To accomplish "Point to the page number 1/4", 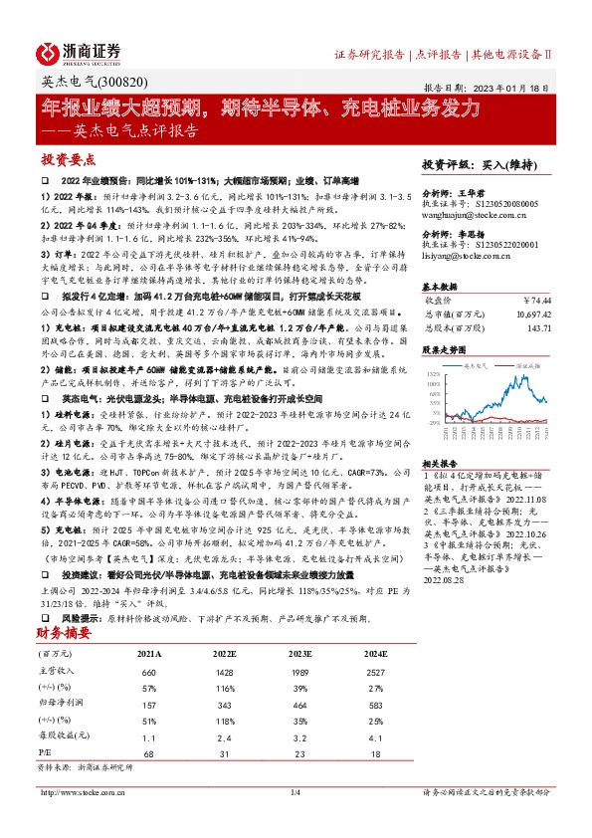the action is tap(295, 792).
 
